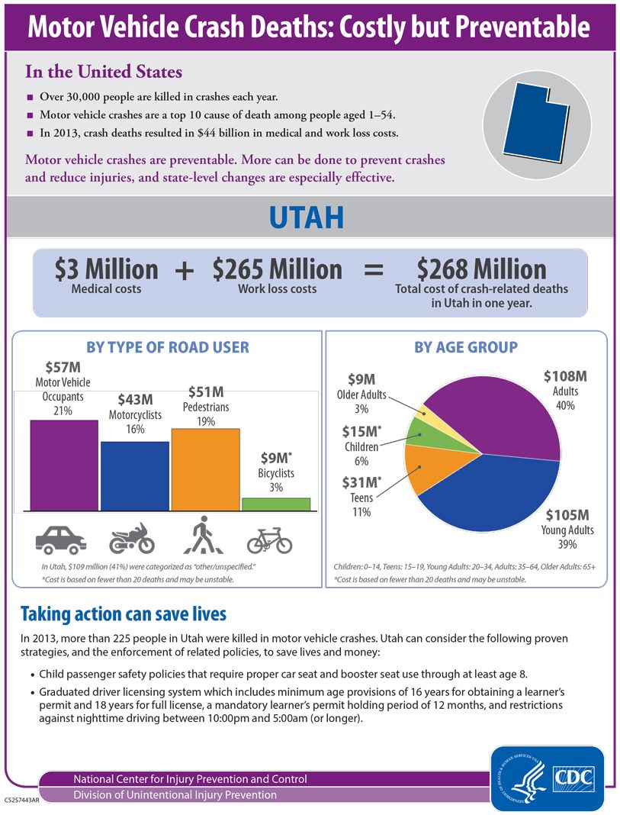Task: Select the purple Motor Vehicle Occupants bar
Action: [x=64, y=465]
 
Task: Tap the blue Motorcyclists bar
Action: [x=135, y=475]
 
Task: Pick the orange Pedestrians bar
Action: [x=205, y=469]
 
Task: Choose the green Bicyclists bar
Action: [x=275, y=504]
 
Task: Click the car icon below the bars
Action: [x=61, y=539]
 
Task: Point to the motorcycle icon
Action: [x=132, y=539]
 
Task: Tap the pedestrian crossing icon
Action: [x=201, y=535]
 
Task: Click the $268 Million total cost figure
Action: [x=481, y=269]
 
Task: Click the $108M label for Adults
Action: [x=564, y=376]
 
